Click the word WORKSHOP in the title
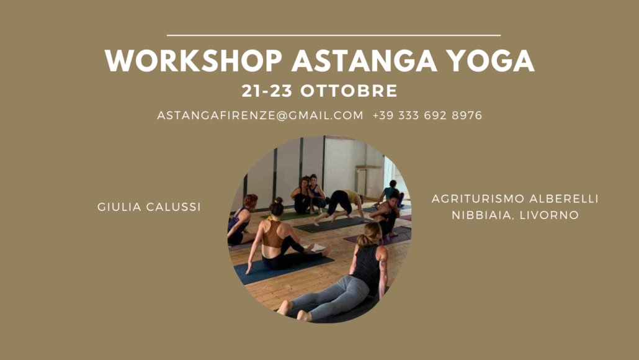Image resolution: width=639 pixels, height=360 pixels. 194,61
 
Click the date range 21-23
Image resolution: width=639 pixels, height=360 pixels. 267,91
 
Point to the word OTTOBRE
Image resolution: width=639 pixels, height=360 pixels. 349,91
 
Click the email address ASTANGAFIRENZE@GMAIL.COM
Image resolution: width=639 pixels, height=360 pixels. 260,115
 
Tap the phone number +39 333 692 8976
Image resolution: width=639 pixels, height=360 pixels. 427,115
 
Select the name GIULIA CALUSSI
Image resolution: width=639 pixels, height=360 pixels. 149,207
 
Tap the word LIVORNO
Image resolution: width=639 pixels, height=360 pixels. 549,215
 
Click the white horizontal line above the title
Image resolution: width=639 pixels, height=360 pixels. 334,35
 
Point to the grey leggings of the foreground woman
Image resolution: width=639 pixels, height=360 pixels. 334,296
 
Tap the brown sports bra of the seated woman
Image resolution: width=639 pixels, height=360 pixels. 272,235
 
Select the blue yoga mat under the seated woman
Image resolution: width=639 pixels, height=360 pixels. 281,269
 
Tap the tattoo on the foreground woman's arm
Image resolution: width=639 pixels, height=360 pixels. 383,263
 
